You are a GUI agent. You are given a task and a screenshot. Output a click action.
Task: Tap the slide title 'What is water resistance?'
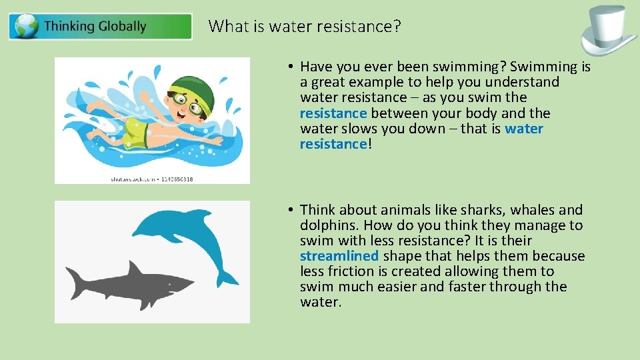point(305,26)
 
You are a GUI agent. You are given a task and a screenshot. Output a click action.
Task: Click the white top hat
point(609,30)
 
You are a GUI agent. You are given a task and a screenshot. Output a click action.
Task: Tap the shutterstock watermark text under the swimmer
point(151,179)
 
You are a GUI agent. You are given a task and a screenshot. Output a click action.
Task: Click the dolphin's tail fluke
point(226,277)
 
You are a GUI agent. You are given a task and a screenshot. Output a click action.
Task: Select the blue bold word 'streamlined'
point(339,256)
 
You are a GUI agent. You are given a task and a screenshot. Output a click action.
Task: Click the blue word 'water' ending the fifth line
point(524,129)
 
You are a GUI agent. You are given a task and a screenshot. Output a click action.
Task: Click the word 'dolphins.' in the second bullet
point(327,225)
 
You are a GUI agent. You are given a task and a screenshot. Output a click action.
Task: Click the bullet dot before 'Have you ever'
point(291,67)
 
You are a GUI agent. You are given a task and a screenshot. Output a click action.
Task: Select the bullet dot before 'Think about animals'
point(291,210)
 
